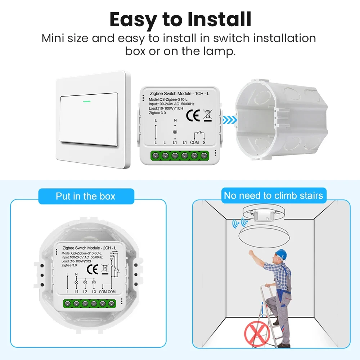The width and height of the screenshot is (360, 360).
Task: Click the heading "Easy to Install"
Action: click(x=180, y=19)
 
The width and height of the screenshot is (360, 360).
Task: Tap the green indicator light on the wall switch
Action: click(x=86, y=101)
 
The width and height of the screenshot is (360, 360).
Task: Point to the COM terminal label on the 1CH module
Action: click(x=194, y=143)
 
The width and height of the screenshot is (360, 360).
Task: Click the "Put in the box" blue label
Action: click(x=86, y=196)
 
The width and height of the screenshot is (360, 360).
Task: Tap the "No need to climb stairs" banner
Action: click(x=274, y=195)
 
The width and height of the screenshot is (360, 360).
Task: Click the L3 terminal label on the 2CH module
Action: click(x=94, y=292)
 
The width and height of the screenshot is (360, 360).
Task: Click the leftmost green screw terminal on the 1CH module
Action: click(x=156, y=156)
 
